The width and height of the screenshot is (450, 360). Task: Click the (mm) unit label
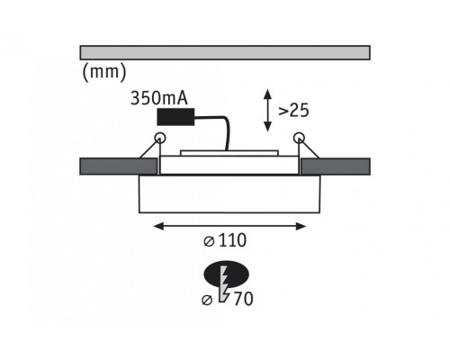click(104, 72)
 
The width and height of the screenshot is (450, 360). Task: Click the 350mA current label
click(159, 98)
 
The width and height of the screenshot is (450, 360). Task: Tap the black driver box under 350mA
click(175, 117)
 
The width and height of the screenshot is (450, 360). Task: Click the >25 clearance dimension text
click(293, 111)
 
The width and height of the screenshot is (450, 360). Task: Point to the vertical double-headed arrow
click(267, 110)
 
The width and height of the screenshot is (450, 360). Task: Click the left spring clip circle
click(160, 138)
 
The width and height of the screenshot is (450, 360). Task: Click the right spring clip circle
click(299, 138)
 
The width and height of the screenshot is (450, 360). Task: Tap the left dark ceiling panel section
click(119, 166)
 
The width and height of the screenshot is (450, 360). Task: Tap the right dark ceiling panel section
click(336, 166)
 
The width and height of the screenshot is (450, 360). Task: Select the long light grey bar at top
click(225, 53)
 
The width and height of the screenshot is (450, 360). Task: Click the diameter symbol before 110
click(209, 241)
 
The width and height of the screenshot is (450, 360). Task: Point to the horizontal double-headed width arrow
click(229, 226)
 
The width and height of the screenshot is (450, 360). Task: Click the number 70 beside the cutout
click(243, 299)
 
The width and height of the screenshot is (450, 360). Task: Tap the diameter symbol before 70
click(207, 300)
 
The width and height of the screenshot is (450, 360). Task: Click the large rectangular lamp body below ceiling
click(229, 194)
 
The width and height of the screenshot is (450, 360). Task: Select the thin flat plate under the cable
click(229, 153)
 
